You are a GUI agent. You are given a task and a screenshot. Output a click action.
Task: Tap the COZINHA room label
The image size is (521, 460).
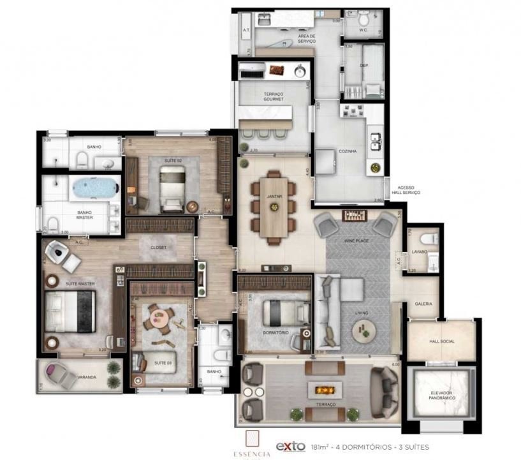(348, 151)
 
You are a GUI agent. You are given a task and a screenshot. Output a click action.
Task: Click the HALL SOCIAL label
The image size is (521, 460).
(442, 341)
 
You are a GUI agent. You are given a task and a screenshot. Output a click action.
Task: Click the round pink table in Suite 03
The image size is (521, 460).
(157, 316)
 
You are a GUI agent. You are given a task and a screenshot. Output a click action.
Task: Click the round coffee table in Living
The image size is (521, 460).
(367, 329)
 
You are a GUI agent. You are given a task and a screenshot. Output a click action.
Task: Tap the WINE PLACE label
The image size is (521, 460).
(357, 241)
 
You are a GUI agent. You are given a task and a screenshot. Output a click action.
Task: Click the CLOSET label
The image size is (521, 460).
(158, 247)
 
